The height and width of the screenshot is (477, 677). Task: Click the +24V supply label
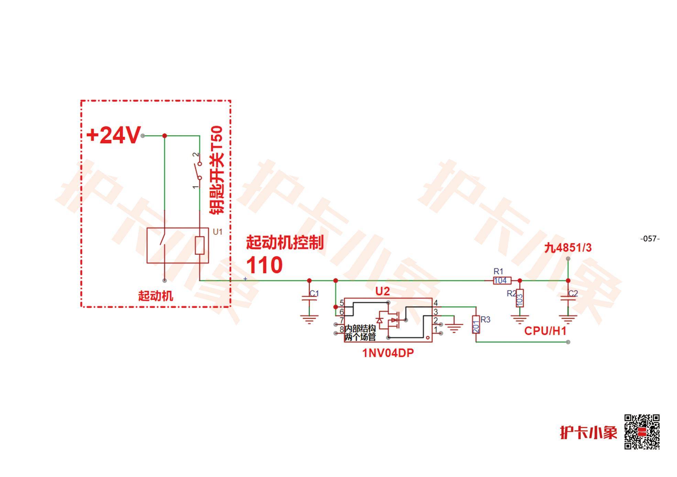click(113, 135)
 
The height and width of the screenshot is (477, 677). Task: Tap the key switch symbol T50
click(198, 171)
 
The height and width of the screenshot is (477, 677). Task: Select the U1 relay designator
click(218, 232)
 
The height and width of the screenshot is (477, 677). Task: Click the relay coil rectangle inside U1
click(200, 245)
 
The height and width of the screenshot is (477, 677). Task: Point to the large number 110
click(264, 265)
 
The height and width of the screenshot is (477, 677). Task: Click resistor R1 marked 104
click(502, 280)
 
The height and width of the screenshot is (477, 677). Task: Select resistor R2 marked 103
click(520, 298)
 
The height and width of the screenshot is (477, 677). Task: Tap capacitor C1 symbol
click(309, 298)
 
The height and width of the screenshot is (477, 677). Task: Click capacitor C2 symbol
click(568, 298)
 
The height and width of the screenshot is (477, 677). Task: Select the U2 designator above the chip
click(382, 291)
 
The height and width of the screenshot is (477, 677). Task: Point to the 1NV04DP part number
click(388, 353)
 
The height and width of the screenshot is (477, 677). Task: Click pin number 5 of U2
click(342, 303)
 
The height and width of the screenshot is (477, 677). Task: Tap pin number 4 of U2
click(436, 303)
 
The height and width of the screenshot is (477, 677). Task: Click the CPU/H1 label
click(545, 331)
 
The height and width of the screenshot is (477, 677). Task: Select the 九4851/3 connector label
click(568, 248)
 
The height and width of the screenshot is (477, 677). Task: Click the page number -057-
click(650, 238)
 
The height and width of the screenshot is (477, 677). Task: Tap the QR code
click(642, 432)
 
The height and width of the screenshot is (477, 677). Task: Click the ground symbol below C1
click(309, 320)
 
